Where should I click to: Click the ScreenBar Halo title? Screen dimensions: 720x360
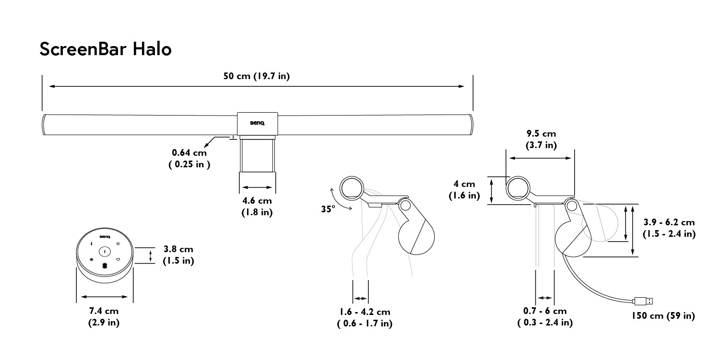[106, 49]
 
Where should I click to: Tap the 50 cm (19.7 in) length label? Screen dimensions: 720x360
[257, 76]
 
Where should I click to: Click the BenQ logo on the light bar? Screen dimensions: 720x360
[257, 123]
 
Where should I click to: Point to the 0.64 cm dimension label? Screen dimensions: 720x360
[189, 158]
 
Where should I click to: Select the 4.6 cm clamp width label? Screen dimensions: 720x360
[257, 206]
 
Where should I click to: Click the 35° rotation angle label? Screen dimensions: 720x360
[328, 209]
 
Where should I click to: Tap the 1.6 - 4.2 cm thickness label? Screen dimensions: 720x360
[365, 317]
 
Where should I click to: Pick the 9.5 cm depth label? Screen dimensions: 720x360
[541, 139]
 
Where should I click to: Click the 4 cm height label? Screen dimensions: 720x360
[464, 189]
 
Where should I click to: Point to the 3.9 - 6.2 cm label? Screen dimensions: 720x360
[669, 228]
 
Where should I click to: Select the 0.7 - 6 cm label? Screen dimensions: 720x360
[545, 316]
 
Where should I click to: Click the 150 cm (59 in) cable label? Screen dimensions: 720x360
[663, 316]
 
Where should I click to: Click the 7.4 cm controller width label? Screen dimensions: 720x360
[104, 316]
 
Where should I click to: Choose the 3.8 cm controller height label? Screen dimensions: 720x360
[178, 255]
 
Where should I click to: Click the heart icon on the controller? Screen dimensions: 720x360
[118, 259]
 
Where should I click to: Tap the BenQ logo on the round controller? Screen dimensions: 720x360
[105, 237]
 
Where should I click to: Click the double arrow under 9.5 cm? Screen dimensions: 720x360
[540, 158]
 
